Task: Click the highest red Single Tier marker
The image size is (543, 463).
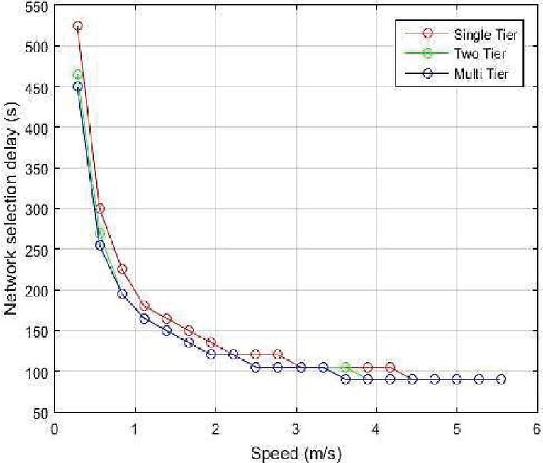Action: (x=77, y=26)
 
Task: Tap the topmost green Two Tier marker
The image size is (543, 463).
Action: (x=77, y=74)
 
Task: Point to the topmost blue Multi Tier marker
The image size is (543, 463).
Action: (x=77, y=87)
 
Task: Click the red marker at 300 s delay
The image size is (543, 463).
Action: (x=100, y=208)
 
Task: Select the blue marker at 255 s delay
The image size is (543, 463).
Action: (x=100, y=245)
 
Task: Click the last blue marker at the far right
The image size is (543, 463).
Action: (x=501, y=379)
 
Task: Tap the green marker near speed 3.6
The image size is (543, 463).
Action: (x=346, y=367)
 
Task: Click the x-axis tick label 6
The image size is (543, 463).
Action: (x=537, y=428)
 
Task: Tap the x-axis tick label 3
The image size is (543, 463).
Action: (x=296, y=428)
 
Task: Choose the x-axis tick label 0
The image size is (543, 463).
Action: (x=55, y=428)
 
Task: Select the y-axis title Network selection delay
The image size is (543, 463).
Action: (x=11, y=209)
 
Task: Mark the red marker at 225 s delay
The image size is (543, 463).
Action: (x=122, y=269)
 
